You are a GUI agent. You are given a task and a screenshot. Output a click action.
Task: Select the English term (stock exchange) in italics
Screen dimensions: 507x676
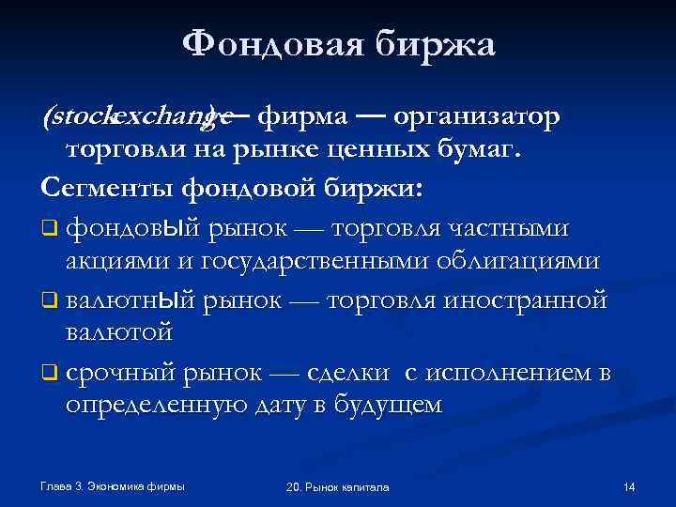coord(137,116)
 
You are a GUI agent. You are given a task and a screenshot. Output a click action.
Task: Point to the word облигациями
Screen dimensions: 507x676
coord(520,262)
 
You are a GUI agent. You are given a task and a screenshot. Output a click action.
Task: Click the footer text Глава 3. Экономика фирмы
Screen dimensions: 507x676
coord(113,485)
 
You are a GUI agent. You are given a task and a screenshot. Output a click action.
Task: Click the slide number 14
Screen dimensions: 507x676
coord(629,486)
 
